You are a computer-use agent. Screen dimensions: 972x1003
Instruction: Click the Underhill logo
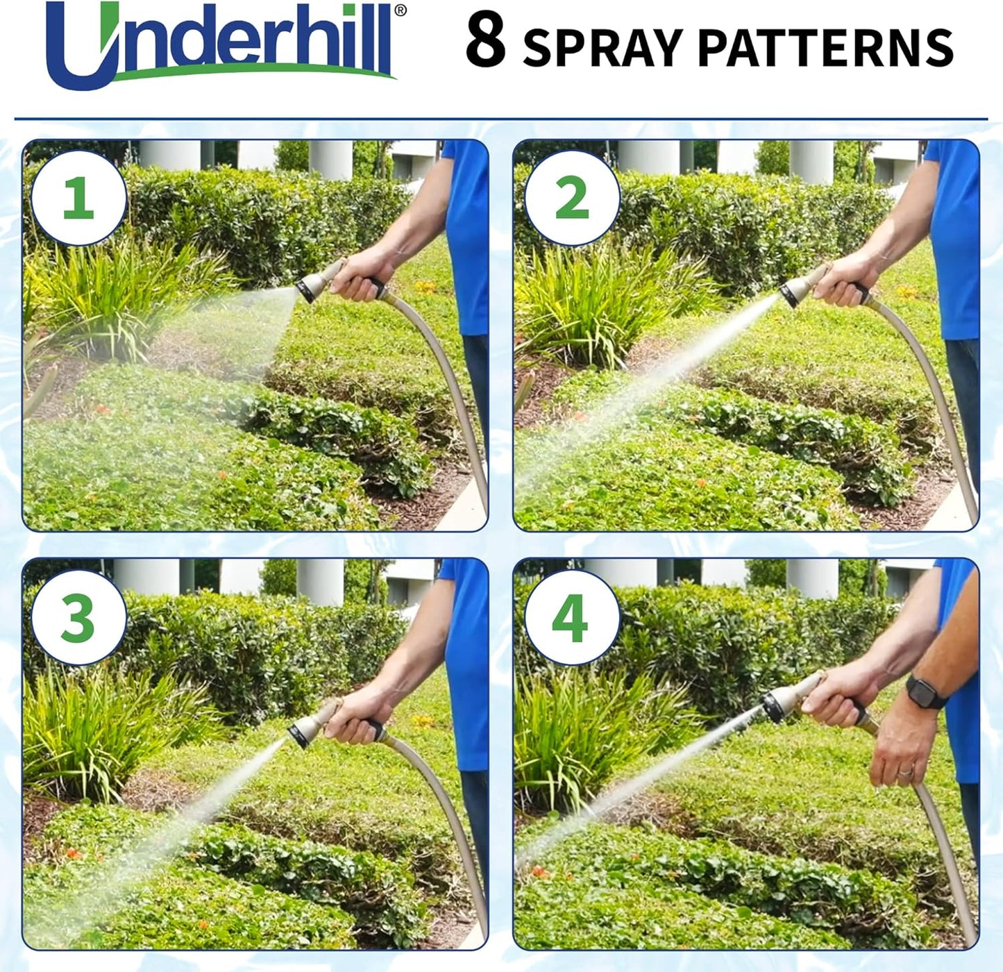(x=222, y=45)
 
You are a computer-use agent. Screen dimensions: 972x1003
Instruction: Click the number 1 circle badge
(x=78, y=198)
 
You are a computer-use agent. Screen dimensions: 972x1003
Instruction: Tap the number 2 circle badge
(x=571, y=198)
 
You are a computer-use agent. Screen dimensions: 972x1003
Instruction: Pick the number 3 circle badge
(x=78, y=618)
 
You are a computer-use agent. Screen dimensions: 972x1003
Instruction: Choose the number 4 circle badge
(x=571, y=618)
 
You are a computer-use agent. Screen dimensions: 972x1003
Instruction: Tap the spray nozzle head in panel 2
(x=794, y=292)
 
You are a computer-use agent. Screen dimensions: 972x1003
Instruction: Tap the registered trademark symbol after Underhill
(x=401, y=11)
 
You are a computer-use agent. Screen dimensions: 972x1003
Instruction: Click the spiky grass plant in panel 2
(x=590, y=305)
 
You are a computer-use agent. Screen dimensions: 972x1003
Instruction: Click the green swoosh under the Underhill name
(x=257, y=69)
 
